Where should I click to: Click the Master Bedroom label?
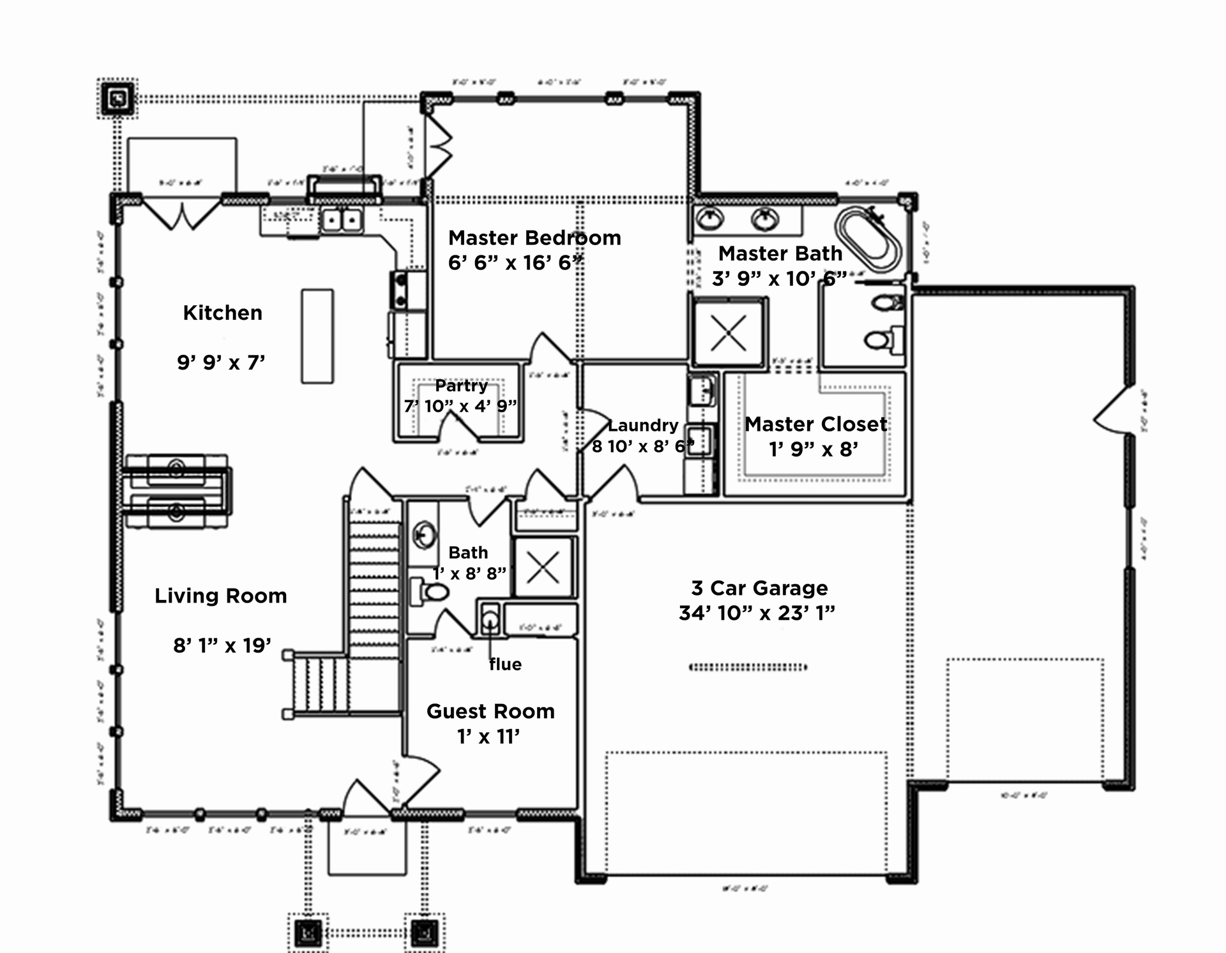pyautogui.click(x=534, y=238)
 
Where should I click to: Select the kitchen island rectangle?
pyautogui.click(x=317, y=336)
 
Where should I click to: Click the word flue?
pyautogui.click(x=505, y=664)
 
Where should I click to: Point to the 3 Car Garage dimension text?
pyautogui.click(x=757, y=613)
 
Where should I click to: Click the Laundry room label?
pyautogui.click(x=642, y=425)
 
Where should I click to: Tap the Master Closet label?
pyautogui.click(x=815, y=424)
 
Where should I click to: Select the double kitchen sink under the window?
pyautogui.click(x=342, y=220)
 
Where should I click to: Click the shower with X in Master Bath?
pyautogui.click(x=728, y=333)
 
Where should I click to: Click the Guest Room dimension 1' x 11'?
pyautogui.click(x=488, y=737)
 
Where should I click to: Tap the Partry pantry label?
pyautogui.click(x=461, y=386)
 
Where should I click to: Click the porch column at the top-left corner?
pyautogui.click(x=117, y=98)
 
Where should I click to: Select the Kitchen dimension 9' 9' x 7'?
pyautogui.click(x=221, y=363)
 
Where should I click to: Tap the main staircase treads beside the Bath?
pyautogui.click(x=374, y=587)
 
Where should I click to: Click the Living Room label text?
pyautogui.click(x=221, y=596)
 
